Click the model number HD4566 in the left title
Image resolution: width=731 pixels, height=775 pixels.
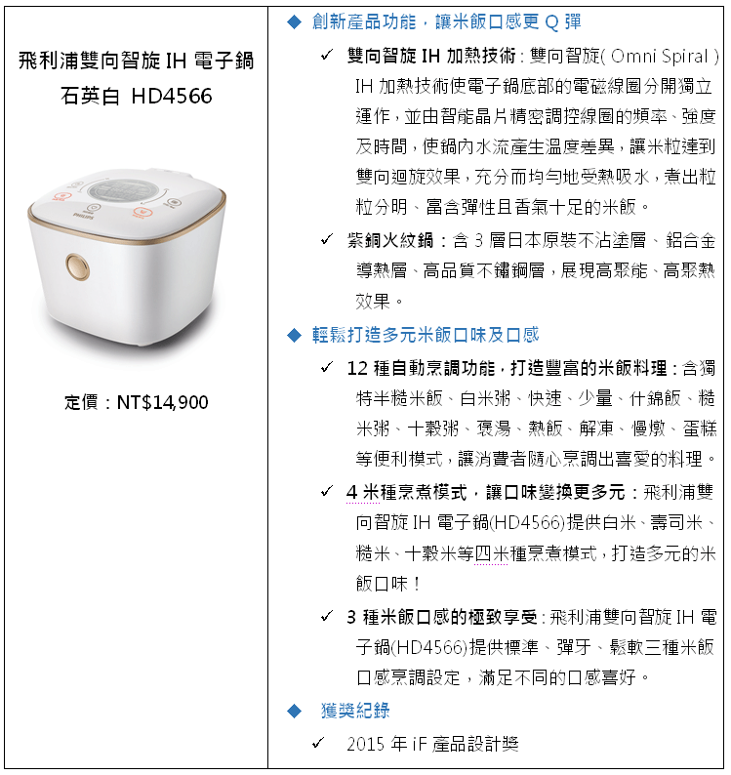click(x=172, y=96)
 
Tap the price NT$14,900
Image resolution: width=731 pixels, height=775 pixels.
click(x=162, y=402)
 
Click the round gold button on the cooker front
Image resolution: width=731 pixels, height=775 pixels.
click(x=78, y=266)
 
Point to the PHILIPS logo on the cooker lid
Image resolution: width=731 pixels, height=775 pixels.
click(x=83, y=216)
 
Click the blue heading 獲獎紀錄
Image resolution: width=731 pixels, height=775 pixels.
click(x=355, y=711)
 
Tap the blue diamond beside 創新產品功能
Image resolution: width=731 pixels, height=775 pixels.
click(x=294, y=22)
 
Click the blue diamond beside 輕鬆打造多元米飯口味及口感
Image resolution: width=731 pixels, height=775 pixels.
click(x=294, y=335)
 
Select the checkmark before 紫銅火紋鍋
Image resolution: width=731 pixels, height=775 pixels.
click(x=326, y=240)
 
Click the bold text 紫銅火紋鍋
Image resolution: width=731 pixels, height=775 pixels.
click(x=390, y=241)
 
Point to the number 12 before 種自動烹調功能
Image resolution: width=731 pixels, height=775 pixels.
click(x=357, y=368)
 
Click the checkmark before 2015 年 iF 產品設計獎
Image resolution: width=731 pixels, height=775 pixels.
click(x=318, y=743)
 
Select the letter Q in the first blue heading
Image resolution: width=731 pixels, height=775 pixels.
click(x=551, y=22)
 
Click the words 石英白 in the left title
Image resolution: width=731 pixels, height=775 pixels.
click(x=90, y=96)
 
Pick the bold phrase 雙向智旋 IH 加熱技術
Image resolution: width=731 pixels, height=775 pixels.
click(x=431, y=56)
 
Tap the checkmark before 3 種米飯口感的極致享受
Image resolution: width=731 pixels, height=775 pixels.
click(x=326, y=616)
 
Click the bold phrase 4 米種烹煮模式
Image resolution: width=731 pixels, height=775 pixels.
click(x=406, y=492)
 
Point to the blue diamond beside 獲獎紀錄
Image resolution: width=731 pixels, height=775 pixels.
click(x=294, y=711)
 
